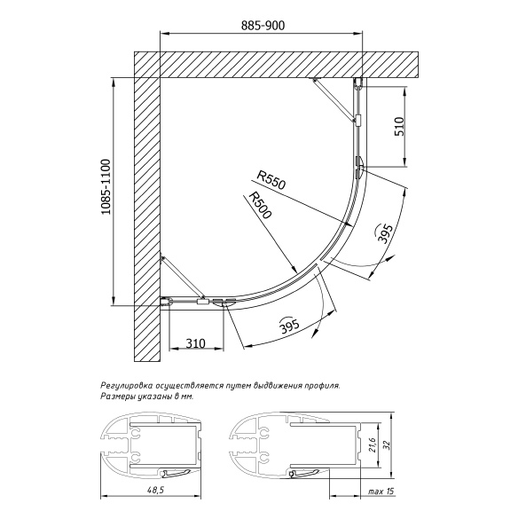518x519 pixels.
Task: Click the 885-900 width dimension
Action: (x=263, y=26)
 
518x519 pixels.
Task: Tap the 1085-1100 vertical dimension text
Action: (x=106, y=187)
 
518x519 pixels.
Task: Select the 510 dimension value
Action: (x=399, y=126)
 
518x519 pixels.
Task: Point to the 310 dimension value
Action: (x=196, y=343)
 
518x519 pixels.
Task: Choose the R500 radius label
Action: (x=260, y=205)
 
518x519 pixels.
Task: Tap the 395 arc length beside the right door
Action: (x=385, y=233)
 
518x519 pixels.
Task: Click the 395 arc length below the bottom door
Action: (x=290, y=326)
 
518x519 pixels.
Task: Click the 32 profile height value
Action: (x=388, y=444)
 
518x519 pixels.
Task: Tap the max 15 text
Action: (x=381, y=491)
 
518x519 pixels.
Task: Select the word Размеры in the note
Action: (x=115, y=397)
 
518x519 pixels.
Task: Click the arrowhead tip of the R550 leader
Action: (x=351, y=225)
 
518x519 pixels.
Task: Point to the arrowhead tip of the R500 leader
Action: (x=297, y=272)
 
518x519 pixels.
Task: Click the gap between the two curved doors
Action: (x=318, y=262)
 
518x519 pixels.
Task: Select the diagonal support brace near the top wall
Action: (x=335, y=99)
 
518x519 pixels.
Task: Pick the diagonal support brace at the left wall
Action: (x=183, y=277)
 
